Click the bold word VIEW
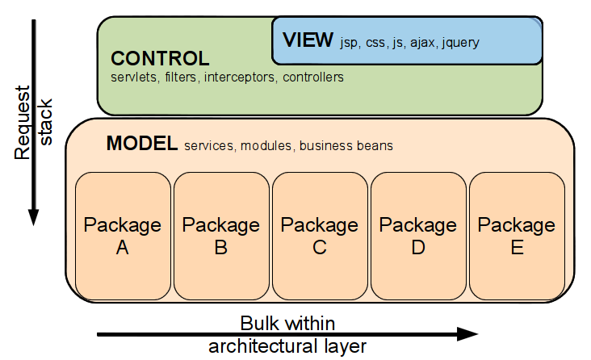308,40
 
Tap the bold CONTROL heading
160,58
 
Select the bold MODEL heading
142,143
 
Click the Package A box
123,236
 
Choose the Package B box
221,236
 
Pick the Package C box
320,236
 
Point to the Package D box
418,236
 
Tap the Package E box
517,236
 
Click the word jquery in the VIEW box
460,43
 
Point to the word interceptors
240,77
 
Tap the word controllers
313,77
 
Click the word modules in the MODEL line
266,146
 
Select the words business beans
346,146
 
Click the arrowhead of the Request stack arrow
34,217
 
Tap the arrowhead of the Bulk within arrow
467,334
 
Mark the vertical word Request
23,123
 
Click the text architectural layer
287,346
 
